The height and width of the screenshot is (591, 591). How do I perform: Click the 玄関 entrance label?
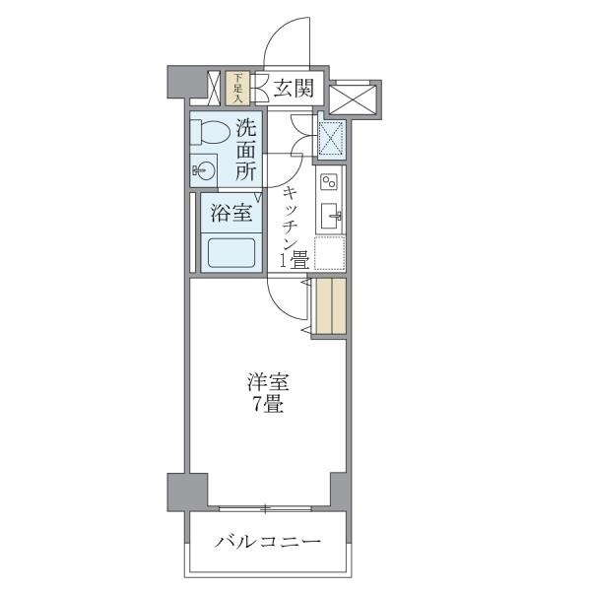click(293, 89)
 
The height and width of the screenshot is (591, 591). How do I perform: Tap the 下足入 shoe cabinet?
click(237, 88)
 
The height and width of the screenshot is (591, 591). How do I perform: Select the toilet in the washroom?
click(209, 131)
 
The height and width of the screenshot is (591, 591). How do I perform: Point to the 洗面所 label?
click(246, 149)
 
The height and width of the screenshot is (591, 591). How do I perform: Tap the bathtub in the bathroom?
click(230, 254)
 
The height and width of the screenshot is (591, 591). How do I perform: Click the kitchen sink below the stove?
click(330, 216)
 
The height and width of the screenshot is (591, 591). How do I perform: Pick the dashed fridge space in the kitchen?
click(330, 253)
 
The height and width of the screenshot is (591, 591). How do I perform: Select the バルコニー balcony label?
click(267, 543)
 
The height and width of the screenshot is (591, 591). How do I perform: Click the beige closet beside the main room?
click(331, 307)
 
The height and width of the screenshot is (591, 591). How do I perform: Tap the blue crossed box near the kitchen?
click(331, 137)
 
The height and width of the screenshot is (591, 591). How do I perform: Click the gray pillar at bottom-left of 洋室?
click(187, 489)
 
